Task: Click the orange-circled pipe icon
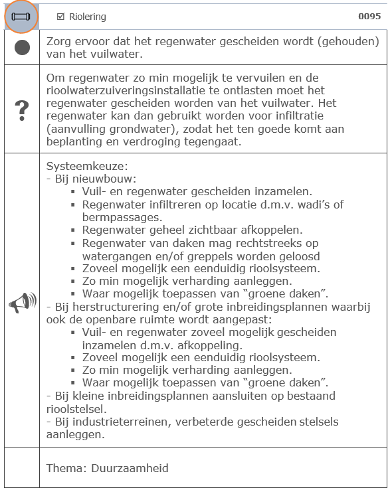21,16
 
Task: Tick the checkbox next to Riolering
60,17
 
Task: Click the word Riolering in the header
87,17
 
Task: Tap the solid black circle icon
22,48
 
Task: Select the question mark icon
22,110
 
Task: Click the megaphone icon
22,303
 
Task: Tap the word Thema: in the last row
64,468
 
